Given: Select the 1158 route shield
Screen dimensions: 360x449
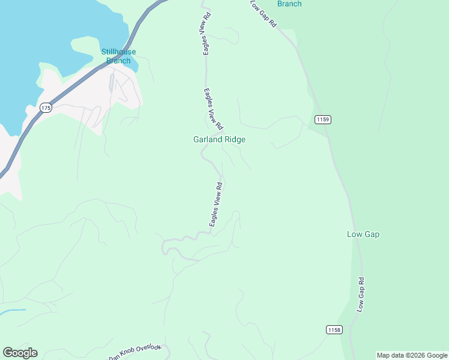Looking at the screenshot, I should (334, 329).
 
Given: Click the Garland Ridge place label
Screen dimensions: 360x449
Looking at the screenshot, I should (219, 139).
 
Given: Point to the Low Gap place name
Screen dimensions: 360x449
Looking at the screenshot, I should (363, 234).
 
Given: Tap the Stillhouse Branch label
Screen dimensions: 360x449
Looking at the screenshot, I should (118, 56).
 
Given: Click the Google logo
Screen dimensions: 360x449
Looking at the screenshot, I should (20, 353).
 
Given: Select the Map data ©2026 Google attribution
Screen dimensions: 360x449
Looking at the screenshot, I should (412, 355).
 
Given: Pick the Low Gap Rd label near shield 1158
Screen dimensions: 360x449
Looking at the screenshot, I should (361, 294).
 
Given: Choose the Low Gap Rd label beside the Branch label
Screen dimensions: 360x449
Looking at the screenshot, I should (264, 13).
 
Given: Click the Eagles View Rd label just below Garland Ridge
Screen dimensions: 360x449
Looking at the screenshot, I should (216, 205).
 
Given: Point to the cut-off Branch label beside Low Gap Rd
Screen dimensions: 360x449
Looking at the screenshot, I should (289, 4).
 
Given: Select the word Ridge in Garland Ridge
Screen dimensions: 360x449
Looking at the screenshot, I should (234, 139).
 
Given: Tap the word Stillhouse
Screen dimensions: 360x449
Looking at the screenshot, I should (118, 52).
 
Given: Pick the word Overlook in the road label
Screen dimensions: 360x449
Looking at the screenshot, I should (148, 348).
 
